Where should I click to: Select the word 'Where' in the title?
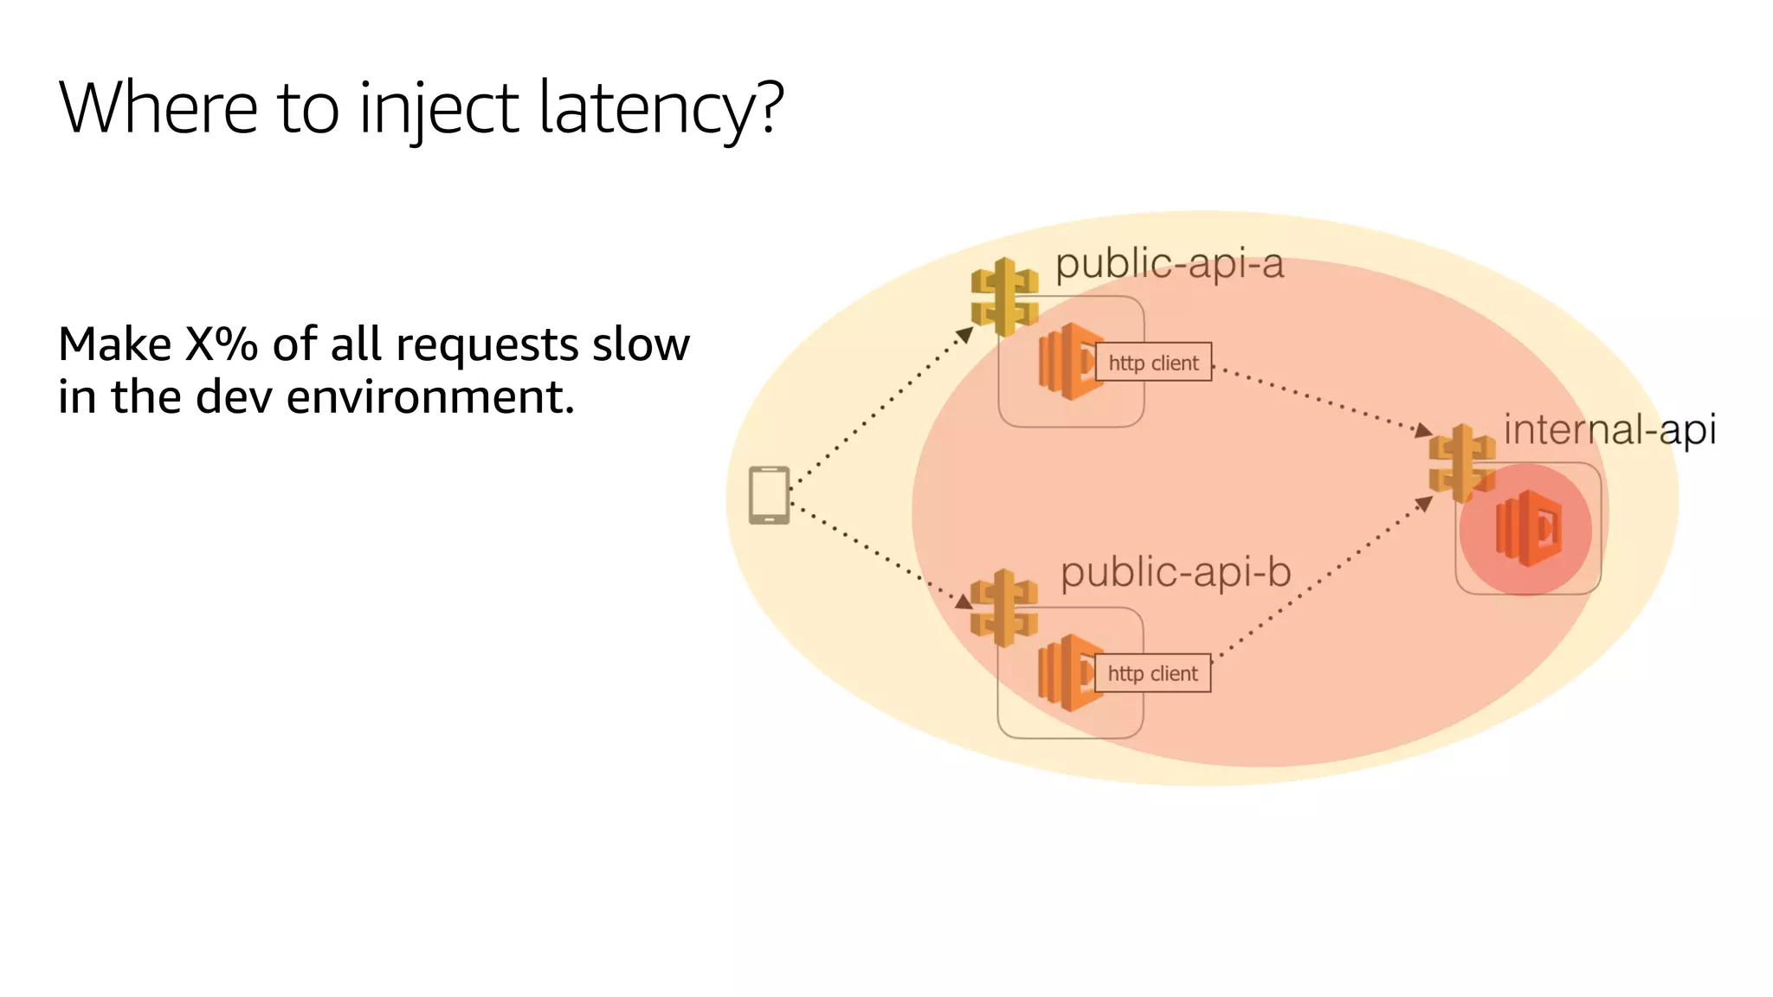tap(158, 107)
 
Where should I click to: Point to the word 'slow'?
tap(641, 344)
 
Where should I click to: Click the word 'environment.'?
tap(429, 397)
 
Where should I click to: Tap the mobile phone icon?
tap(769, 495)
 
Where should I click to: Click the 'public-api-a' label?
tap(1169, 264)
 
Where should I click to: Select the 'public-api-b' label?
tap(1176, 573)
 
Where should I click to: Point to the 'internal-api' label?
tap(1609, 429)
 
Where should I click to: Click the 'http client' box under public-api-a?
tap(1153, 363)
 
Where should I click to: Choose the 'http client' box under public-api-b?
tap(1152, 673)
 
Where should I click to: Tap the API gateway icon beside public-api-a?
tap(1004, 297)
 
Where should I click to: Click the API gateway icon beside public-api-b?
tap(1004, 608)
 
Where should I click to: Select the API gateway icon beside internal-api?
tap(1461, 462)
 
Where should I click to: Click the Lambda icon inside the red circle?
tap(1528, 529)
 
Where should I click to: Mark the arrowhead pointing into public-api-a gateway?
tap(964, 334)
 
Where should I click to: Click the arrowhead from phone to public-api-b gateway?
tap(964, 601)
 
